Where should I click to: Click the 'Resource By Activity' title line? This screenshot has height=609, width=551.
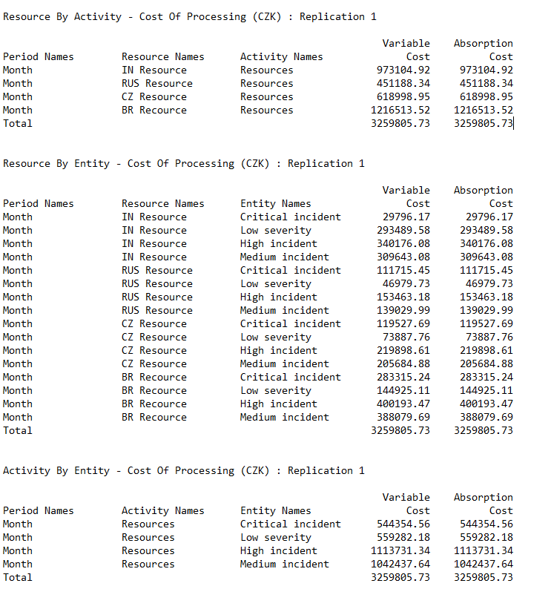click(x=184, y=16)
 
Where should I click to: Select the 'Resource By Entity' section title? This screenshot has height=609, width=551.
click(x=184, y=163)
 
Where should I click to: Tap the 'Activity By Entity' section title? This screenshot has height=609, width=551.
click(x=184, y=470)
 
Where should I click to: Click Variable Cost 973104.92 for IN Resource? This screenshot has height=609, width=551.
click(x=403, y=70)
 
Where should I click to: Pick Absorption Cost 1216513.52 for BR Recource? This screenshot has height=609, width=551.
click(x=483, y=110)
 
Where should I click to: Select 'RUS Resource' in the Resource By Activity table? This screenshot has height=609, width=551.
click(x=157, y=83)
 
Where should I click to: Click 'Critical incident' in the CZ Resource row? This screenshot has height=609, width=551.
click(x=291, y=323)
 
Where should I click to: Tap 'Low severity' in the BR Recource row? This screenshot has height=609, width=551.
click(x=276, y=390)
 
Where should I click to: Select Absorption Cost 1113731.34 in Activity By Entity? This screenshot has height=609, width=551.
click(x=483, y=550)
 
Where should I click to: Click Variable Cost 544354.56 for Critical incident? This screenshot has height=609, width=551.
click(x=403, y=524)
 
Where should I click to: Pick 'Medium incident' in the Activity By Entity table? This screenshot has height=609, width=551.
click(x=285, y=564)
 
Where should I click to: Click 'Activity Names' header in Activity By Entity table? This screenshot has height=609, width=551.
click(x=163, y=510)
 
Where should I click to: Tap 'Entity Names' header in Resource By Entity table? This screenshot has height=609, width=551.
click(x=276, y=203)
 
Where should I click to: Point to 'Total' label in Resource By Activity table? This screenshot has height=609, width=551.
click(x=18, y=123)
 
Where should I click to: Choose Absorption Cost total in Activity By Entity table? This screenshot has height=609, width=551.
click(x=483, y=577)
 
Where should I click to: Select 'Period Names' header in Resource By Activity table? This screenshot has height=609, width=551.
click(x=39, y=56)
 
